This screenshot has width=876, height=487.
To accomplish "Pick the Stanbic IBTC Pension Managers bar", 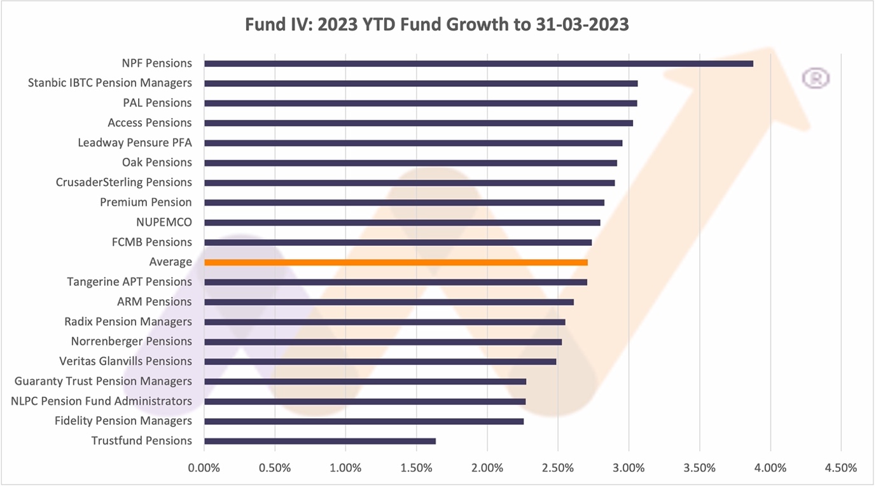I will click(421, 83).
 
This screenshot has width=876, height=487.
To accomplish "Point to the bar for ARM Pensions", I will click(389, 302).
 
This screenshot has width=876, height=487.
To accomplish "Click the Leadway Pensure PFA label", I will click(135, 143).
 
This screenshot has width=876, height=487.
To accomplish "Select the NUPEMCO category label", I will click(164, 222).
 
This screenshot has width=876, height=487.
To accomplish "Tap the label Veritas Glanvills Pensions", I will click(125, 361).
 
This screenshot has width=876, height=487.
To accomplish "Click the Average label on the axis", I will click(170, 262).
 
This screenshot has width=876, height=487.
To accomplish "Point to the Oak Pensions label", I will click(157, 162).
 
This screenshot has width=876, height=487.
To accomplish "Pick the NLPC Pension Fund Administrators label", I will click(102, 401).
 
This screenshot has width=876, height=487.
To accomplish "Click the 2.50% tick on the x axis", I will click(558, 468).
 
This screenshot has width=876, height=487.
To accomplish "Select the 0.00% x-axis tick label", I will click(204, 468).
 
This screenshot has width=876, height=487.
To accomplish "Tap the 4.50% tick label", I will click(841, 468).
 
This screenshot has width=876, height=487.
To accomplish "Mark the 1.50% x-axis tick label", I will click(416, 468).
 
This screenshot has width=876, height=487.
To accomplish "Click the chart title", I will click(438, 25).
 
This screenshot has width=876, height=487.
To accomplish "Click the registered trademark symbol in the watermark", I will click(816, 78).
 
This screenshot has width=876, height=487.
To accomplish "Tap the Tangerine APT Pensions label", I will click(130, 281).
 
